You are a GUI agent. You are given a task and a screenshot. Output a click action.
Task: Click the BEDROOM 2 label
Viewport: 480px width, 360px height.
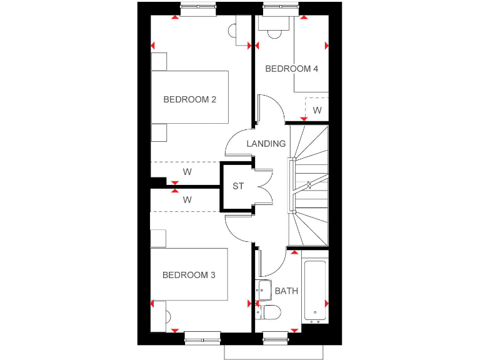pyautogui.click(x=189, y=99)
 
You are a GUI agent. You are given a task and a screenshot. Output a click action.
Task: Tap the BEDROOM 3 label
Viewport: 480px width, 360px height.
pyautogui.click(x=189, y=275)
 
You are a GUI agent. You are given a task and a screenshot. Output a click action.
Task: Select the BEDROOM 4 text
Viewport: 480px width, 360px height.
pyautogui.click(x=292, y=69)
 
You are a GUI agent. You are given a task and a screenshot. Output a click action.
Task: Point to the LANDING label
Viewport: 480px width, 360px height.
pyautogui.click(x=266, y=144)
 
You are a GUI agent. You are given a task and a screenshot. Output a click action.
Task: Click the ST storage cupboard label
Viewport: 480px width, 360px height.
pyautogui.click(x=238, y=186)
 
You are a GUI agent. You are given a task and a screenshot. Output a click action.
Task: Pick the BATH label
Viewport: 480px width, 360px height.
pyautogui.click(x=286, y=291)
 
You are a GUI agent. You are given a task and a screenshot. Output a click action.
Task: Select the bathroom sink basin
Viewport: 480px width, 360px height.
pyautogui.click(x=264, y=290)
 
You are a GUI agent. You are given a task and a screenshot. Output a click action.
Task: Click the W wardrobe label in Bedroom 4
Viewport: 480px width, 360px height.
pyautogui.click(x=317, y=111)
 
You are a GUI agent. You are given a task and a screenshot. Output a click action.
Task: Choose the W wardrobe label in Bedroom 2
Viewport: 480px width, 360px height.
pyautogui.click(x=187, y=172)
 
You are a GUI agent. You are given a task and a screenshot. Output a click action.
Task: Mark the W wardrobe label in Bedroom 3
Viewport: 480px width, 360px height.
pyautogui.click(x=187, y=201)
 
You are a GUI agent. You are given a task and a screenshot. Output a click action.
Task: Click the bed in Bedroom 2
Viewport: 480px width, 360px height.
pyautogui.click(x=190, y=97)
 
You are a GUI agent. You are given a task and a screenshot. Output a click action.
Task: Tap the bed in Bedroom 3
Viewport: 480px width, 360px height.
pyautogui.click(x=188, y=274)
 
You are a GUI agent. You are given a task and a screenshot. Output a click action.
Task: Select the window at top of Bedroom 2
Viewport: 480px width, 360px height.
pyautogui.click(x=198, y=8)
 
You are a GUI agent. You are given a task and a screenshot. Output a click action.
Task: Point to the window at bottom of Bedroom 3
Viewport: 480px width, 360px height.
pyautogui.click(x=202, y=338)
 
